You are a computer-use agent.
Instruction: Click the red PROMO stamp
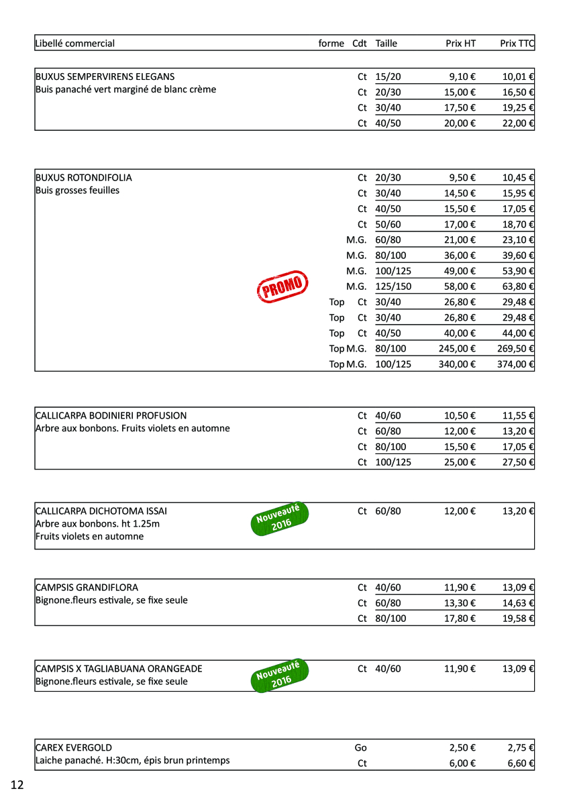(282, 287)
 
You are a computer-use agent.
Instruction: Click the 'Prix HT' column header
(460, 44)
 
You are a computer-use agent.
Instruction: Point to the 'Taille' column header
(386, 44)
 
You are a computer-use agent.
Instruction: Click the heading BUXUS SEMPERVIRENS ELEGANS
(105, 77)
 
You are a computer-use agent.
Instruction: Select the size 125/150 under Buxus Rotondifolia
(393, 286)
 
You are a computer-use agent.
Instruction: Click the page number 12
(17, 785)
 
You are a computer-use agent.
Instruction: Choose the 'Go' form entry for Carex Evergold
(360, 748)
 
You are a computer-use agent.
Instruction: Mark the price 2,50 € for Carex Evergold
(463, 748)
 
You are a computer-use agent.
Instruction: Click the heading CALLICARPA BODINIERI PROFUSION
(111, 416)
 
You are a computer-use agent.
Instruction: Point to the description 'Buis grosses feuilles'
(77, 191)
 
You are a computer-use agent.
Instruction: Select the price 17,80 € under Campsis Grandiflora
(460, 619)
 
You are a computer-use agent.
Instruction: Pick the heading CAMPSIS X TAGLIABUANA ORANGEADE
(118, 669)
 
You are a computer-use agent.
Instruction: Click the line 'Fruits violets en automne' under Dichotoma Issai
(89, 537)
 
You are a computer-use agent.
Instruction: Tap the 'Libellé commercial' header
(74, 44)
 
